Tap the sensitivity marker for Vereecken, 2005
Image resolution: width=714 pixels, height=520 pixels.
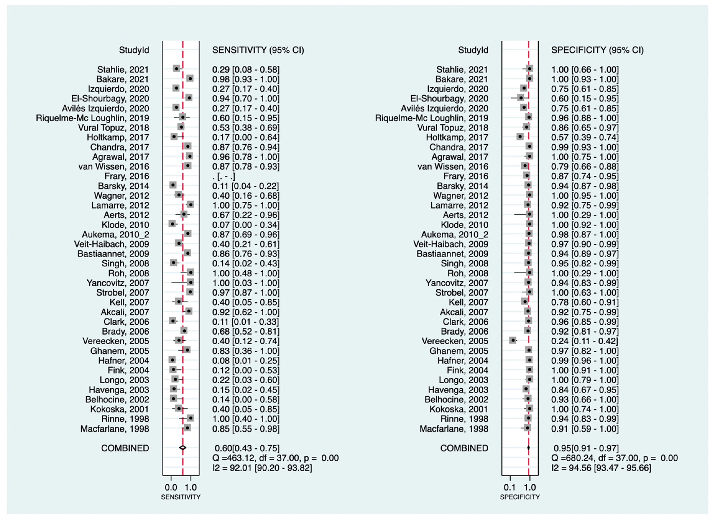point(179,340)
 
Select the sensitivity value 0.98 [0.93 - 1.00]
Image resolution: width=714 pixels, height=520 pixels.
point(246,79)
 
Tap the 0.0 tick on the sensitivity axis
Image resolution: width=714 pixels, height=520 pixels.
point(171,488)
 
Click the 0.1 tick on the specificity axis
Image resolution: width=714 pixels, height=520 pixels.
point(510,488)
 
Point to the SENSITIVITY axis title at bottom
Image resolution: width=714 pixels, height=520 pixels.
point(181,497)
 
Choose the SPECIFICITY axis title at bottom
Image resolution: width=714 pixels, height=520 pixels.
point(520,497)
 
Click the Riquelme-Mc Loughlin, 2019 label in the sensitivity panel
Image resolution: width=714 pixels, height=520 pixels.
point(93,118)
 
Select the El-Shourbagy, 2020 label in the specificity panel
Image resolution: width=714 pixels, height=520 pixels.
point(449,98)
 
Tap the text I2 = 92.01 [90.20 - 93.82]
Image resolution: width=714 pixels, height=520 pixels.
point(262,468)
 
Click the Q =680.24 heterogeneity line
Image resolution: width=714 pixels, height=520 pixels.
point(614,458)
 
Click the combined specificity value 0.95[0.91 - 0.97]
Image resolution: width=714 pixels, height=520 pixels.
point(586,448)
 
